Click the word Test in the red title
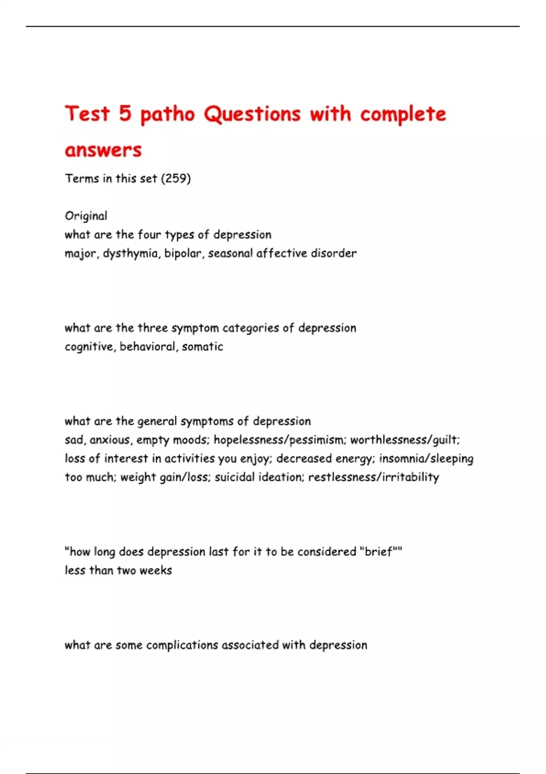pyautogui.click(x=87, y=113)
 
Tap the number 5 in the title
pyautogui.click(x=125, y=113)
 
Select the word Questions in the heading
pyautogui.click(x=252, y=113)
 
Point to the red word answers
pyautogui.click(x=103, y=150)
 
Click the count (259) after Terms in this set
pyautogui.click(x=176, y=178)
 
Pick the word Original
pyautogui.click(x=86, y=216)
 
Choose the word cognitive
pyautogui.click(x=90, y=347)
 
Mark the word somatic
pyautogui.click(x=202, y=346)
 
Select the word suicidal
pyautogui.click(x=235, y=477)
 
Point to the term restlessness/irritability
pyautogui.click(x=374, y=477)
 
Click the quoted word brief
pyautogui.click(x=379, y=552)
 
